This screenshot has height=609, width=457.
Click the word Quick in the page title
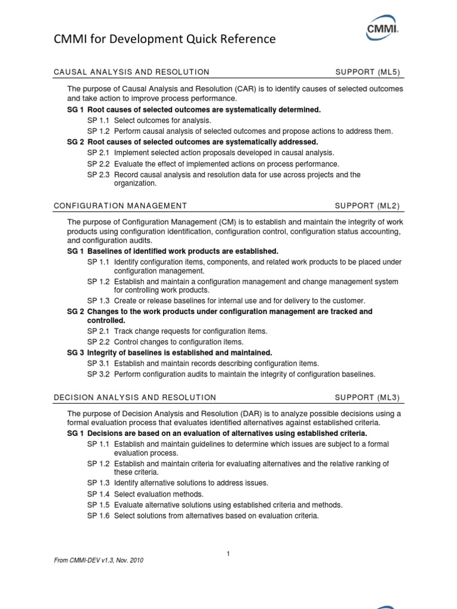(x=185, y=39)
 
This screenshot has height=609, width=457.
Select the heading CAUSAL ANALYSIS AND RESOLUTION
(x=132, y=72)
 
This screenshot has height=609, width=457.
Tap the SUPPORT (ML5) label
(x=368, y=72)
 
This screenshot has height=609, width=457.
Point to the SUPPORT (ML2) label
(x=368, y=206)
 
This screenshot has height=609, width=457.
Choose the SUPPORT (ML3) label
(x=368, y=397)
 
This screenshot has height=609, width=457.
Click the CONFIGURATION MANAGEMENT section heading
(x=120, y=206)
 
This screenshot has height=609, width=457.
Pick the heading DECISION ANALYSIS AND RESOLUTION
(x=135, y=397)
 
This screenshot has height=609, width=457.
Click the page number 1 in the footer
(x=228, y=554)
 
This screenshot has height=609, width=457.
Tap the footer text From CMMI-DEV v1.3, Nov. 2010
(x=98, y=560)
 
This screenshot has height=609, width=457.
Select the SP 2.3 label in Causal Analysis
(x=98, y=175)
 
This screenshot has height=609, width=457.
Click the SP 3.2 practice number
(x=98, y=374)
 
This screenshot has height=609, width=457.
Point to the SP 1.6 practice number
(x=98, y=516)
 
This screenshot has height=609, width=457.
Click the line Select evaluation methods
(x=158, y=494)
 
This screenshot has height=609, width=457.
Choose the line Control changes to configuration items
(x=179, y=342)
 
